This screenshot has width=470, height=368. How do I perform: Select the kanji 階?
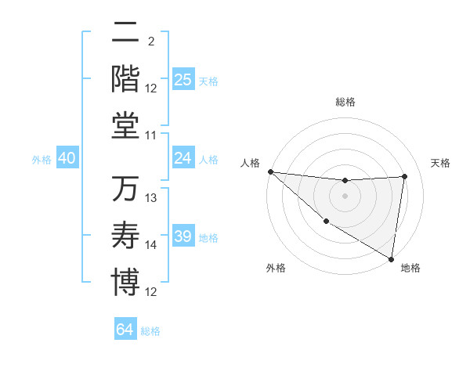coord(125,78)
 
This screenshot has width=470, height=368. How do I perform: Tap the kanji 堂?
coord(125,126)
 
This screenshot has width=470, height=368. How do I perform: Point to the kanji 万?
coord(125,189)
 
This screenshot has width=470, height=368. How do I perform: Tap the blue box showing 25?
coord(183,79)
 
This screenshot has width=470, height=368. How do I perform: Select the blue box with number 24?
coord(183,158)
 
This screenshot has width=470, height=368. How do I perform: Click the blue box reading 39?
coord(183,236)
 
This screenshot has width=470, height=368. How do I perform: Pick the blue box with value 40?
coord(67,158)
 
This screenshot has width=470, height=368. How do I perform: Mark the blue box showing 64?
coord(125,330)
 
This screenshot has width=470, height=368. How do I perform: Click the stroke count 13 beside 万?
coord(152,198)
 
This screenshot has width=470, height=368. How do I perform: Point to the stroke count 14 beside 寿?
coord(152,245)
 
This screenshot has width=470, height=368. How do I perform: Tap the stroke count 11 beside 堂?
coord(152,135)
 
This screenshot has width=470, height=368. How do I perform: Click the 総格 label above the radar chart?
coord(345,102)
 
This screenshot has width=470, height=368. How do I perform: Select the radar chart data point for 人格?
coord(269,171)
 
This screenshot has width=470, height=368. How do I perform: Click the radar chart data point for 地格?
coord(391,258)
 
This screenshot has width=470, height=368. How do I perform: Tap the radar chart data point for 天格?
coord(405,176)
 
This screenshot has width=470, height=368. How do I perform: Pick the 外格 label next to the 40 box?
coord(42,160)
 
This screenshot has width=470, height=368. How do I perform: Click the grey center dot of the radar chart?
coord(345,196)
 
